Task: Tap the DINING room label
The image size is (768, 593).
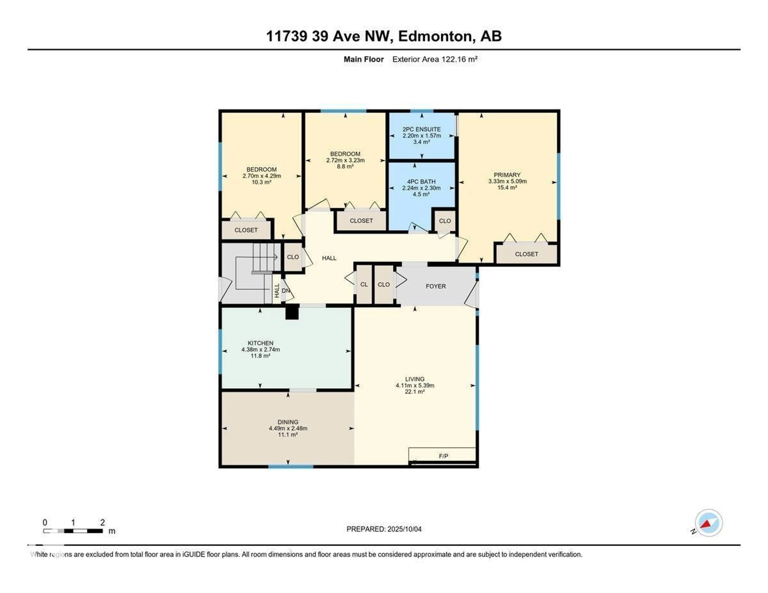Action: point(288,422)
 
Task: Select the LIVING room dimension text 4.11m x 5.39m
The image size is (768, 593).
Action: point(415,385)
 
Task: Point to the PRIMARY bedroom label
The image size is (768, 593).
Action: point(507,175)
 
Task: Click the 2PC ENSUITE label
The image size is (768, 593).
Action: point(422,129)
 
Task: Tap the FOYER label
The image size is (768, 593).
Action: point(436,286)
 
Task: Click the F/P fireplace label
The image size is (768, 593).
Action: point(443,456)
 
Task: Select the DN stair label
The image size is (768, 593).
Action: point(286,291)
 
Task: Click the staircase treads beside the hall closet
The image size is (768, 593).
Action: point(266,257)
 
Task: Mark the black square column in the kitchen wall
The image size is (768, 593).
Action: point(292,312)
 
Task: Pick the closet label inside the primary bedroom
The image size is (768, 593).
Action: point(526,254)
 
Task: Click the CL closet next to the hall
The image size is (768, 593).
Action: point(364,284)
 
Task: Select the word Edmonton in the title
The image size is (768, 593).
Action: point(435,36)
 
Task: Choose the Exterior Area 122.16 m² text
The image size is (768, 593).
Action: point(435,59)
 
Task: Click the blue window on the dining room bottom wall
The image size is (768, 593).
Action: point(291,466)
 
